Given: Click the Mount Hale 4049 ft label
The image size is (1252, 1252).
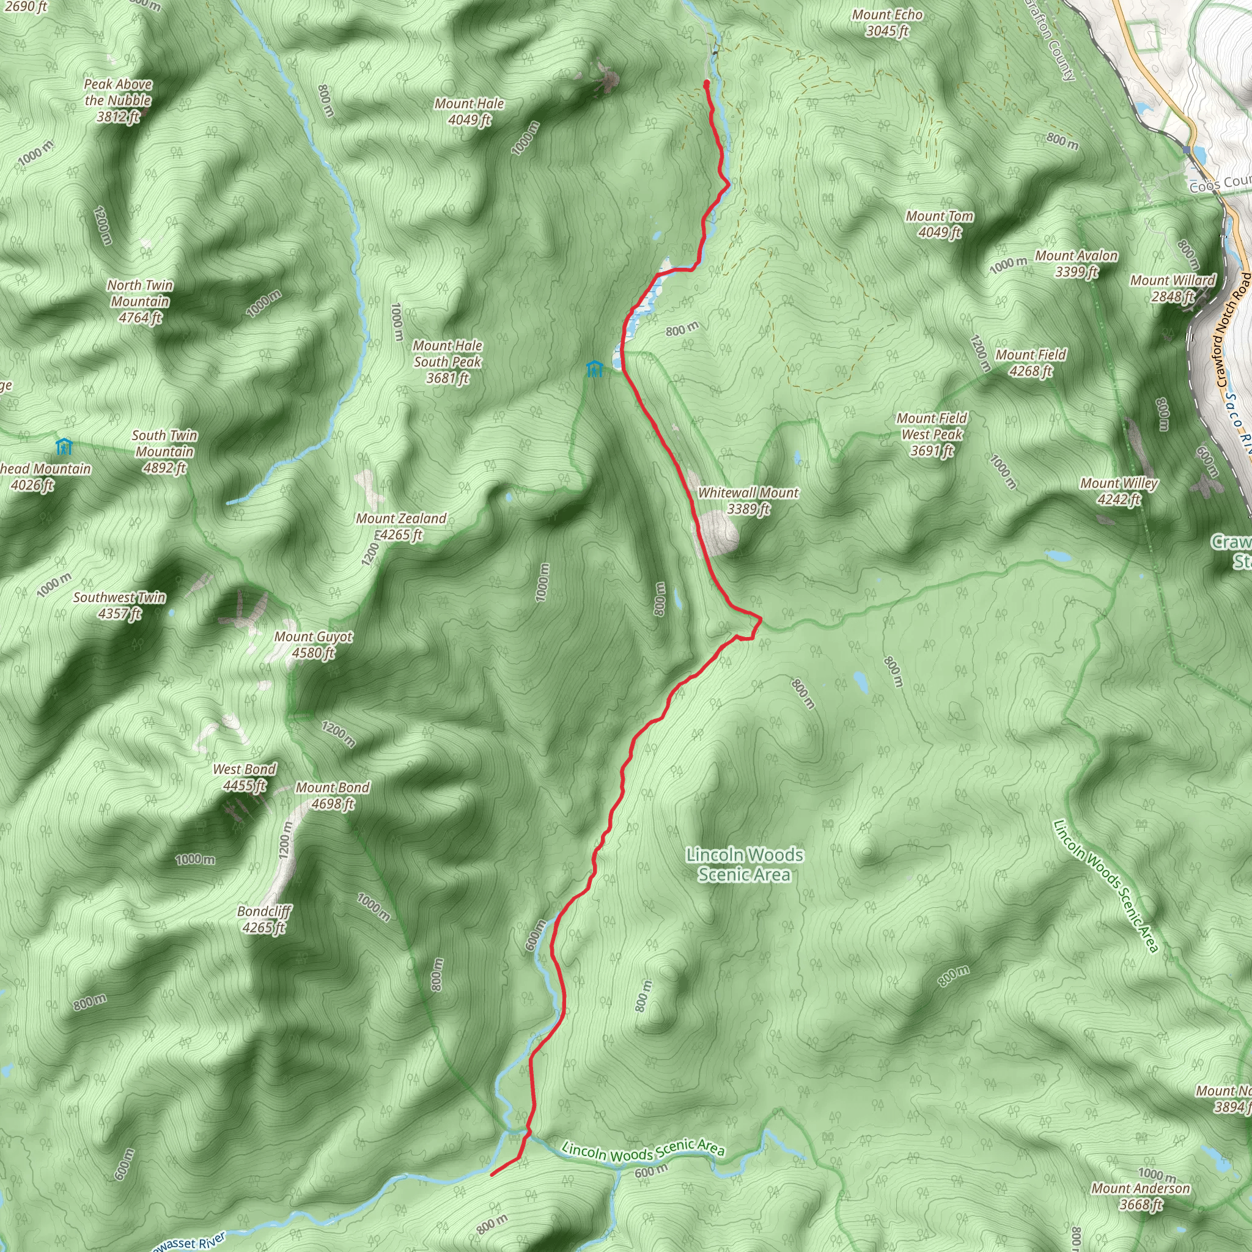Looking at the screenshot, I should click(469, 112).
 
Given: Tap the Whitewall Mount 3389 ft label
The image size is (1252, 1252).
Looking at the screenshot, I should click(748, 501).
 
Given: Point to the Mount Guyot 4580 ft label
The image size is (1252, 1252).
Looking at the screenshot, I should click(313, 645).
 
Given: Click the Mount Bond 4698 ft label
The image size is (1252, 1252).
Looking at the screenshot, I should click(333, 796).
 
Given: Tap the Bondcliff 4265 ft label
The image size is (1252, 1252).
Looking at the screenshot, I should click(263, 919).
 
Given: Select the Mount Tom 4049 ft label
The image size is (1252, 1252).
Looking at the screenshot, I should click(940, 224).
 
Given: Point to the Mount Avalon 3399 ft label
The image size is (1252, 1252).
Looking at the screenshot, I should click(1076, 263).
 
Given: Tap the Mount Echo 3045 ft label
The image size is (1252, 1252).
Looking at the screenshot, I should click(887, 23).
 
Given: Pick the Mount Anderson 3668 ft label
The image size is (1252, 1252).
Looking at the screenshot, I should click(1141, 1196).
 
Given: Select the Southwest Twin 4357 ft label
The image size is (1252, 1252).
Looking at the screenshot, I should click(119, 605).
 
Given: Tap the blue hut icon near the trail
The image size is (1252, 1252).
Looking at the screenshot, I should click(594, 369).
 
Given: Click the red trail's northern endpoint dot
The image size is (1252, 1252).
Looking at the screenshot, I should click(706, 83).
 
